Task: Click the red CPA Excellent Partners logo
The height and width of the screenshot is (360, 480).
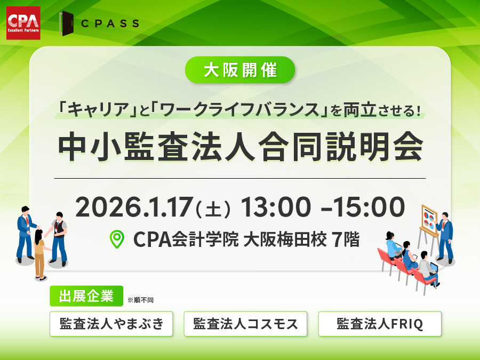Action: [23, 23]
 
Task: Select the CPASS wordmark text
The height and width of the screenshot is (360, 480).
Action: [110, 23]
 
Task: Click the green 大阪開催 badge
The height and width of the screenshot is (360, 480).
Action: [240, 70]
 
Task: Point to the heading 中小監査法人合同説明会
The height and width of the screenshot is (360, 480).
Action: [241, 147]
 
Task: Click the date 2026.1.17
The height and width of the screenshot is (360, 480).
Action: [134, 207]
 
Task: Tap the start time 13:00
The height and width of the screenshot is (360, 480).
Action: [276, 207]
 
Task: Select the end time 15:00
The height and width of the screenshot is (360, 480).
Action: [369, 207]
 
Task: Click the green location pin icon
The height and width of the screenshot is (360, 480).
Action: [117, 239]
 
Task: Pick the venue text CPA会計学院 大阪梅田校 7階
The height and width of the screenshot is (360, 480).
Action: [246, 239]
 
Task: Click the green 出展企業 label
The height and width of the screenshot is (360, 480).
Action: [86, 295]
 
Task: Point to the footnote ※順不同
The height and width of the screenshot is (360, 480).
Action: [140, 300]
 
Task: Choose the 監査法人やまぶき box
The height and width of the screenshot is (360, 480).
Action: [111, 324]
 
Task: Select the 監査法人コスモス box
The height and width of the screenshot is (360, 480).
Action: [245, 324]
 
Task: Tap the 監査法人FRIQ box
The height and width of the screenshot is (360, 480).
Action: [380, 324]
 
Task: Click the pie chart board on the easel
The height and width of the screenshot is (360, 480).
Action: [429, 218]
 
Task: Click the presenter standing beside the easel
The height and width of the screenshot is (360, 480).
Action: [445, 237]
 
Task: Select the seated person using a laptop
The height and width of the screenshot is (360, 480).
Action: [428, 268]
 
